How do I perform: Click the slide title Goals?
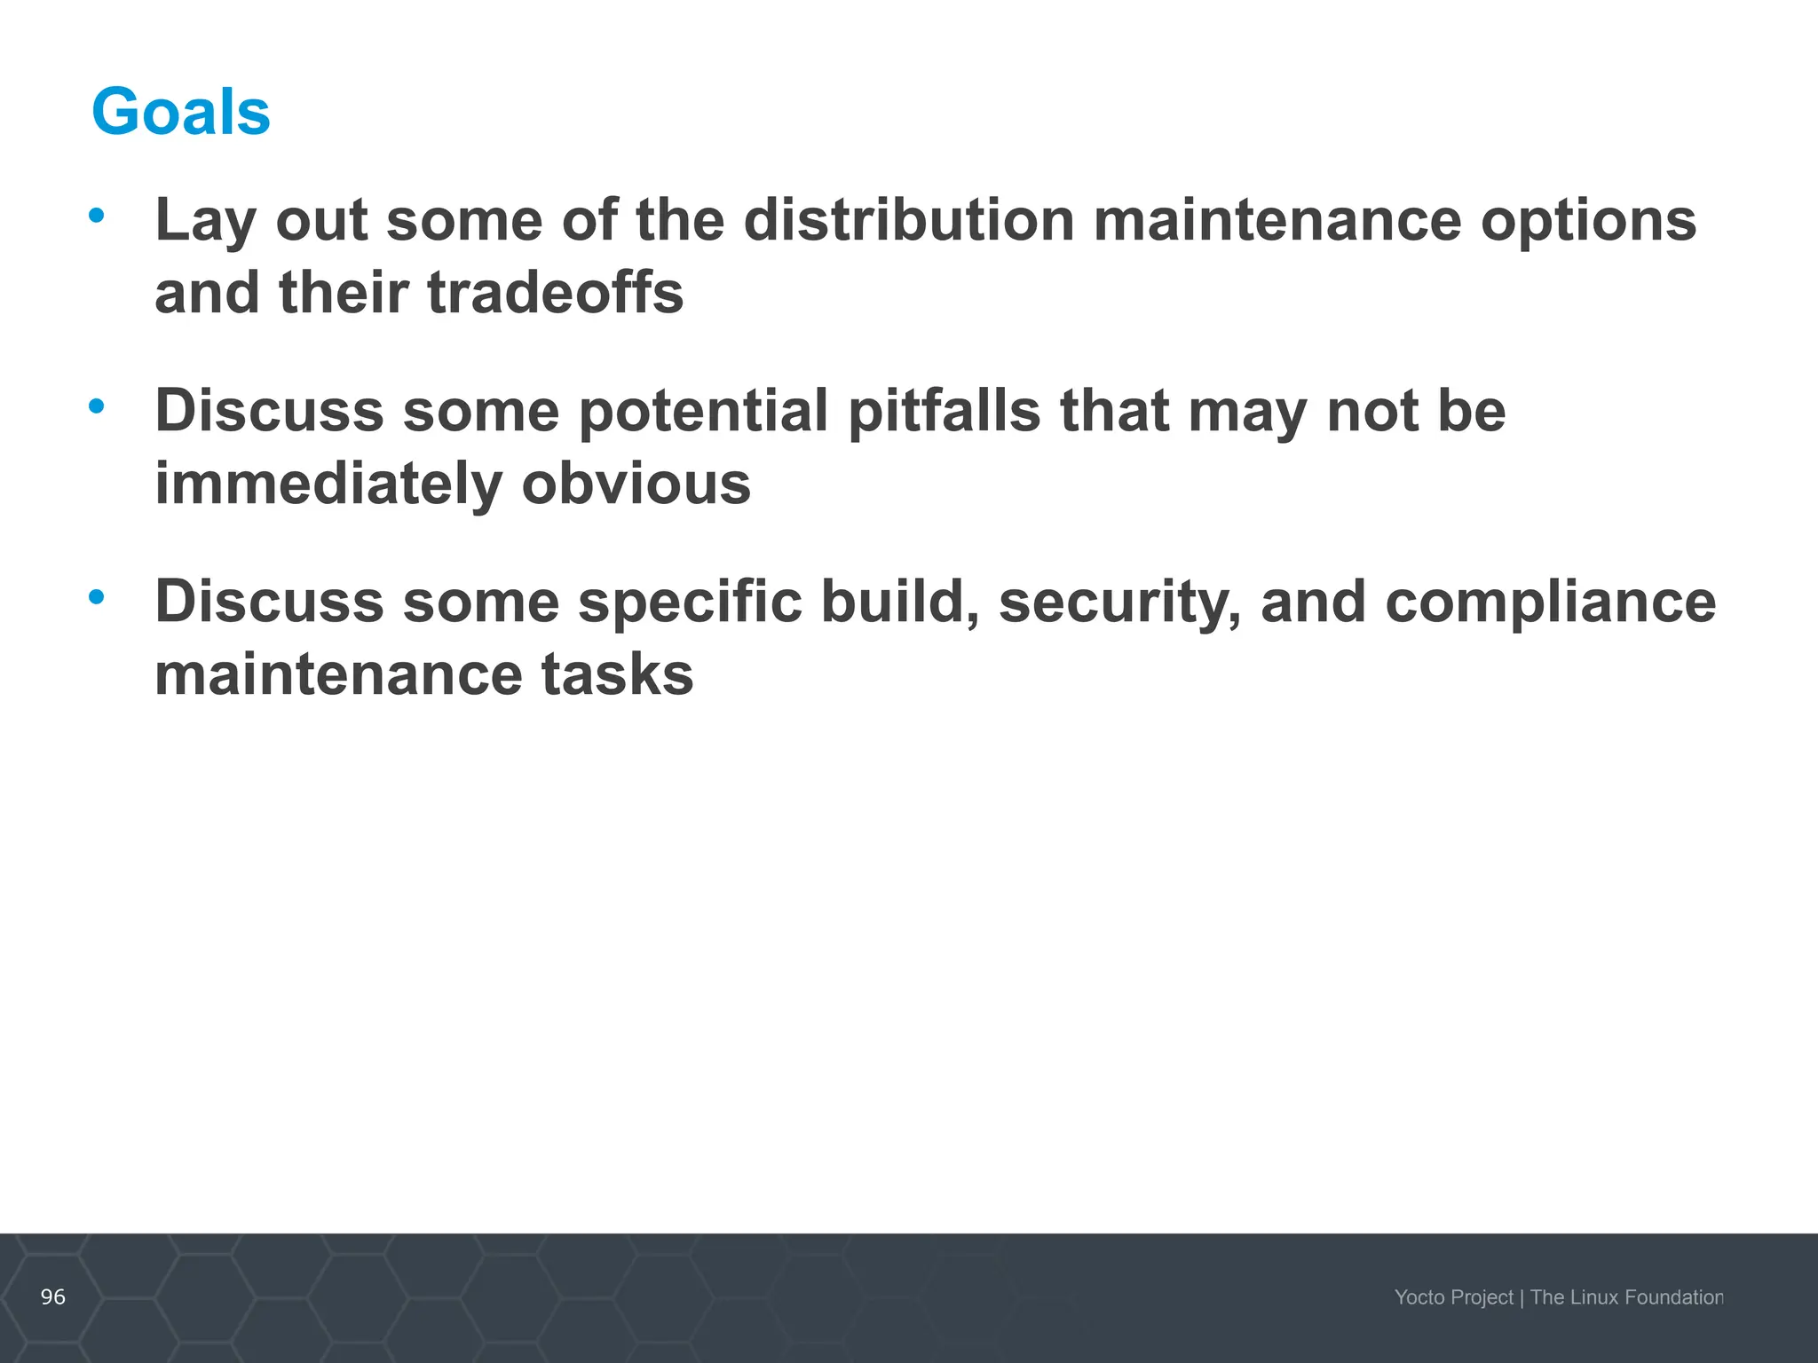click(x=181, y=113)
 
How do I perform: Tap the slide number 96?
click(x=53, y=1297)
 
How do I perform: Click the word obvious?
click(x=636, y=484)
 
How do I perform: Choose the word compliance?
click(x=1550, y=603)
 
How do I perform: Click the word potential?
click(x=703, y=411)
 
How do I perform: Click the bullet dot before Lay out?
click(x=97, y=216)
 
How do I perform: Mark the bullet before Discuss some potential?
click(x=97, y=407)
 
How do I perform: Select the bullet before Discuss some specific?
click(x=97, y=598)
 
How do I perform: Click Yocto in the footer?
click(x=1418, y=1297)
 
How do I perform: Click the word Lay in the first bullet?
click(x=205, y=221)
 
